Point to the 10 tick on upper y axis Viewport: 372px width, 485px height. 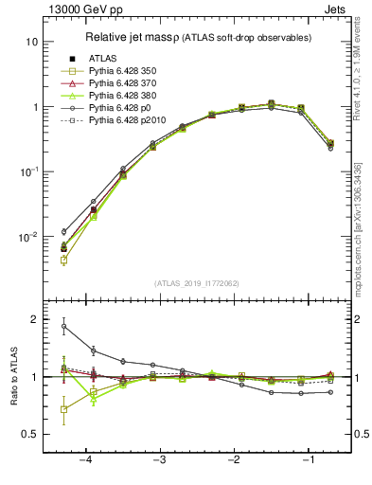click(x=32, y=43)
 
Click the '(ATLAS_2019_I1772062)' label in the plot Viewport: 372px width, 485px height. click(x=196, y=283)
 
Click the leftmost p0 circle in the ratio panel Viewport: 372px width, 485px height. click(x=63, y=326)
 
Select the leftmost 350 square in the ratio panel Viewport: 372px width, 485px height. click(x=63, y=409)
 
